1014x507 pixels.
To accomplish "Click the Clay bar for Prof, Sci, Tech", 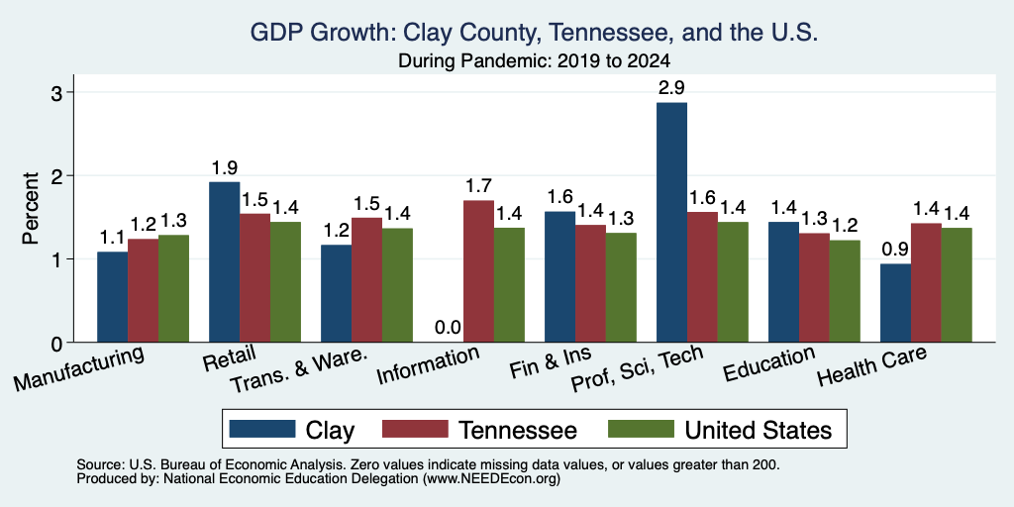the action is click(x=672, y=223).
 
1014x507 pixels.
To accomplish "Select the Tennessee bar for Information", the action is click(x=479, y=271).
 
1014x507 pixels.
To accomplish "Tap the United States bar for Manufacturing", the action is click(x=174, y=288).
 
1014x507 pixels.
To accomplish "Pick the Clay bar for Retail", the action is click(x=225, y=261).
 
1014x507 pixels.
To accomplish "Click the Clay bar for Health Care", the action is click(x=895, y=303).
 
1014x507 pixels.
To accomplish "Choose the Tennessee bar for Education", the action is click(x=815, y=288).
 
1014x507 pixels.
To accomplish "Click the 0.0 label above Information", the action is click(x=448, y=328).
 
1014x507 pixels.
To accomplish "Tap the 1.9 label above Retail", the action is click(x=225, y=168).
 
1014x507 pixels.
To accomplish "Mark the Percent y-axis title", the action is click(x=31, y=208).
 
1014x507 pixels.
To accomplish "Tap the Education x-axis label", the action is click(x=768, y=365).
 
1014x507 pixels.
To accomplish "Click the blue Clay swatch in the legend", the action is click(x=261, y=429).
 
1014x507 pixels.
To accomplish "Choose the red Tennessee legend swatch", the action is click(x=416, y=429).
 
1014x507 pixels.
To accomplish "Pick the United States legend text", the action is click(x=758, y=430).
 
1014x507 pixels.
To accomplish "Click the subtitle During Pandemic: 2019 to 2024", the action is click(x=534, y=61).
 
